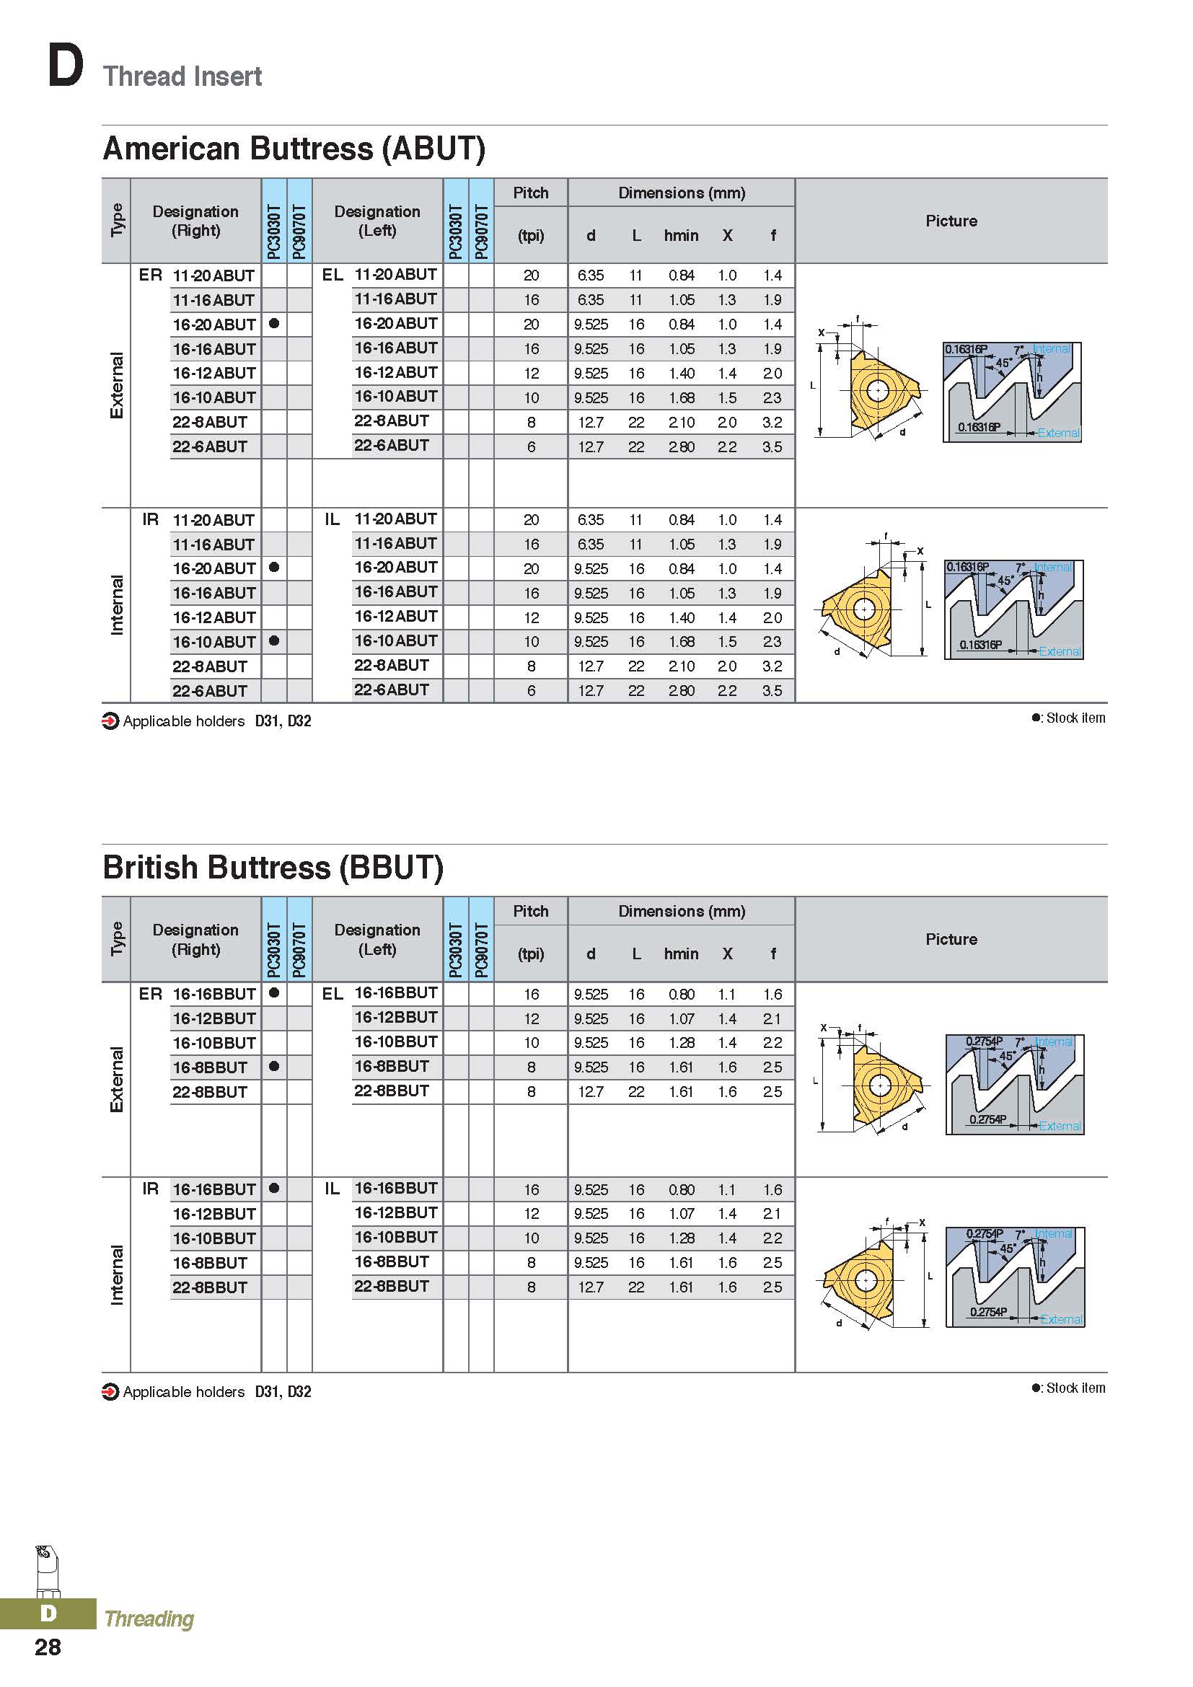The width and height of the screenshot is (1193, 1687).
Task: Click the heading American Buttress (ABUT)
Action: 294,149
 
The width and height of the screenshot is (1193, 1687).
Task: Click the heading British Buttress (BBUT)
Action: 273,868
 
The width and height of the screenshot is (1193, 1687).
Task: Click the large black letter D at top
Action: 65,66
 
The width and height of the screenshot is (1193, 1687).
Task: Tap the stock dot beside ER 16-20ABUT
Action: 274,323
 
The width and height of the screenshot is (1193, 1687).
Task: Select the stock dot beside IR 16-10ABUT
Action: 274,640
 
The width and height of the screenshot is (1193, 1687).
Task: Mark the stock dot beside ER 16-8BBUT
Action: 274,1066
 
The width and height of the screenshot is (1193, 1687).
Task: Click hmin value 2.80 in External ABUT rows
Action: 681,446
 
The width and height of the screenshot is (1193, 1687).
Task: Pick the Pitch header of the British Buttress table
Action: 530,911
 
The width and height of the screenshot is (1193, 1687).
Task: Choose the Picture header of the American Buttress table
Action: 951,221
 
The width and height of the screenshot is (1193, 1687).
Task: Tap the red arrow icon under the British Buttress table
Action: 110,1391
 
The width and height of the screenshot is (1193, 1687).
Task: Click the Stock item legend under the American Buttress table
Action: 1069,718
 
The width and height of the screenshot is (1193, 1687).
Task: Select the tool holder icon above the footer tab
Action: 47,1569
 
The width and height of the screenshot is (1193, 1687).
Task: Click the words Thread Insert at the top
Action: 182,76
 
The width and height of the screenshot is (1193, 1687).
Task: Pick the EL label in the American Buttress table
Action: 332,275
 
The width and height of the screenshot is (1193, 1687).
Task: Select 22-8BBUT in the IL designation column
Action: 392,1287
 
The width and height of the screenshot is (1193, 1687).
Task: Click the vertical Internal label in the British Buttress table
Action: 116,1274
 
